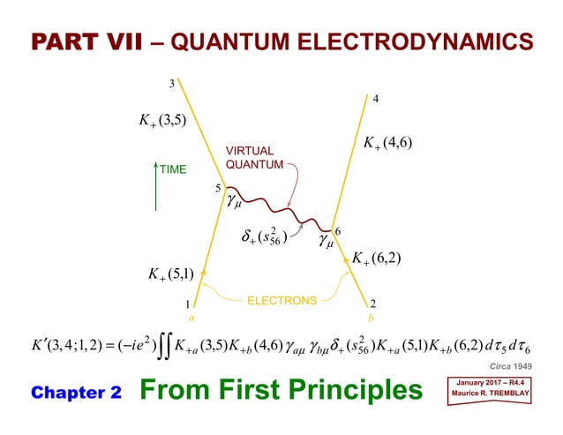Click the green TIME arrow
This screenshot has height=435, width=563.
tap(156, 185)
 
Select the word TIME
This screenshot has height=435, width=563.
tap(174, 169)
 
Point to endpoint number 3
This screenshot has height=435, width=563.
tap(173, 84)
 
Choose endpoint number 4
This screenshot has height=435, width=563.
tap(376, 99)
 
